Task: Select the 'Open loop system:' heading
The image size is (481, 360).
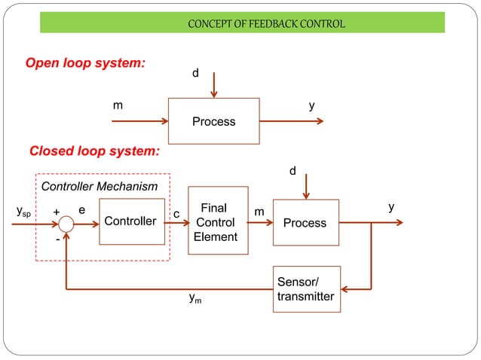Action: point(86,63)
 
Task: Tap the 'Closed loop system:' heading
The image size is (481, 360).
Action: point(94,151)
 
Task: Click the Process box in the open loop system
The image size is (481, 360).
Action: point(213,121)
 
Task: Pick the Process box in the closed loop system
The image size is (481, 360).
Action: point(305,222)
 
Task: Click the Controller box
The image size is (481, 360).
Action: point(131,221)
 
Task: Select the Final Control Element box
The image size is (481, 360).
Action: point(217,221)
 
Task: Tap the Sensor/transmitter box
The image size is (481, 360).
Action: point(306,289)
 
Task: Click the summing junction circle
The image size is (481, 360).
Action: point(67,224)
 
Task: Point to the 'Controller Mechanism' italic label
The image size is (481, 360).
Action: point(99,186)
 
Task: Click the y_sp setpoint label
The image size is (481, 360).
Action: point(24,213)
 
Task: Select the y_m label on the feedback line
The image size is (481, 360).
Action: point(195,300)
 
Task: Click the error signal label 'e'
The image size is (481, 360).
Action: point(82,212)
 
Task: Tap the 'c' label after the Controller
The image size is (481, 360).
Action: point(176,215)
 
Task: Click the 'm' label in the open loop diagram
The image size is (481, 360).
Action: point(118,106)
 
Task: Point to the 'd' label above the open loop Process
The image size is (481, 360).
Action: point(195,74)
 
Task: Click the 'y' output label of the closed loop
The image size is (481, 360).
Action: point(391,206)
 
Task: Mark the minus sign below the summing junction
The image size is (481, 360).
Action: point(57,239)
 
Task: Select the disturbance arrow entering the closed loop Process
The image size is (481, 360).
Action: point(305,185)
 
